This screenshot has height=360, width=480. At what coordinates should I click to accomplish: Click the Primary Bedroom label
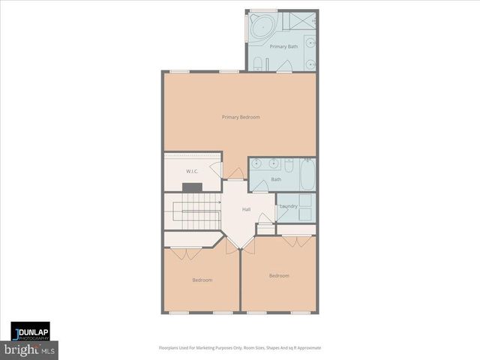(x=241, y=117)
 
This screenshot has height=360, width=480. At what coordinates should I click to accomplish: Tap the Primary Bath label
(x=283, y=46)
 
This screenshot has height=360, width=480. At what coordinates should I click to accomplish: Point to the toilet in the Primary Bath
(x=257, y=63)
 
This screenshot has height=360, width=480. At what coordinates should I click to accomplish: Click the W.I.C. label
(x=191, y=172)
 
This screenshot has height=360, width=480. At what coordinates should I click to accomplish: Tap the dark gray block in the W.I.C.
(x=192, y=186)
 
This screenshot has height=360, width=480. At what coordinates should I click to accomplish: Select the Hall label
(x=246, y=209)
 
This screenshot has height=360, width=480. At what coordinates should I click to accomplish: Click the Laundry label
(x=288, y=206)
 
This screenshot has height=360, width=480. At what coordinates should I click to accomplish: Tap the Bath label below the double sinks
(x=276, y=179)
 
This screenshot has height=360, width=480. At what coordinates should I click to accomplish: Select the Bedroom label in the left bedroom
(x=202, y=280)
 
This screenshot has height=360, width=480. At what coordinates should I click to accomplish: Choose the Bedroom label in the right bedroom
(x=279, y=275)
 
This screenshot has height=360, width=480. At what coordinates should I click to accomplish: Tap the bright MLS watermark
(x=30, y=350)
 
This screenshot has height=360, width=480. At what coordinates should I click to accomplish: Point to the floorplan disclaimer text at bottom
(x=240, y=348)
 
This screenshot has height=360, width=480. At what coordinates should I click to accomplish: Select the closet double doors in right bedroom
(x=297, y=241)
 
